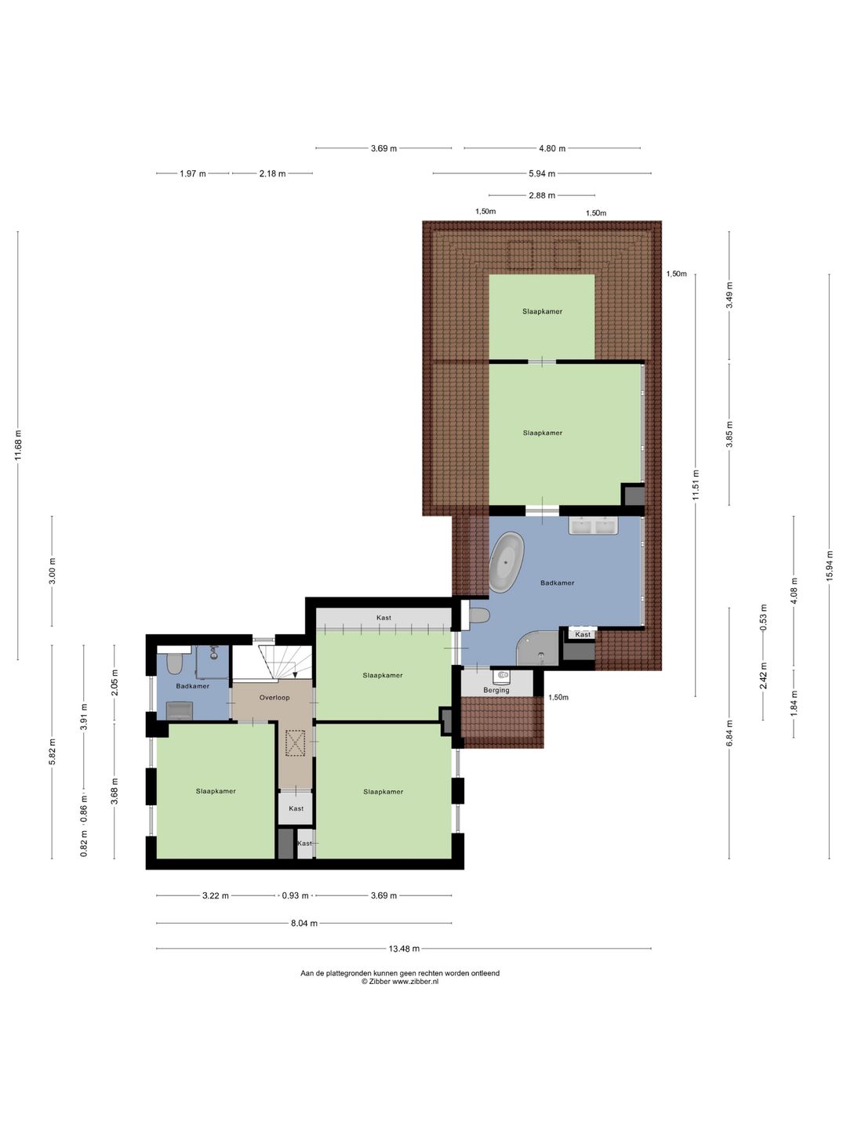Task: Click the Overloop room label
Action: click(x=274, y=698)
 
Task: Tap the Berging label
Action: click(x=496, y=690)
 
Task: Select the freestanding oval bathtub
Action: click(x=506, y=563)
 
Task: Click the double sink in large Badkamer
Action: click(x=593, y=526)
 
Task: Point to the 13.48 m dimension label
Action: click(x=404, y=949)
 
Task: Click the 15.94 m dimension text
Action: click(x=829, y=566)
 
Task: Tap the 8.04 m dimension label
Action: click(x=304, y=924)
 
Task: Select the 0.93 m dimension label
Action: click(x=295, y=895)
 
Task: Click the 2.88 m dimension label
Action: click(x=541, y=195)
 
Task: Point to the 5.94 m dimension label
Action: click(x=541, y=174)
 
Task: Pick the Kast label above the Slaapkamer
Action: click(x=384, y=618)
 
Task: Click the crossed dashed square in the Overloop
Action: click(x=295, y=744)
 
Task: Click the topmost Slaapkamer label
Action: click(x=542, y=311)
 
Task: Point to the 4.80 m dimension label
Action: click(x=552, y=149)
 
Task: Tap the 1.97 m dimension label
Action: click(x=192, y=174)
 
